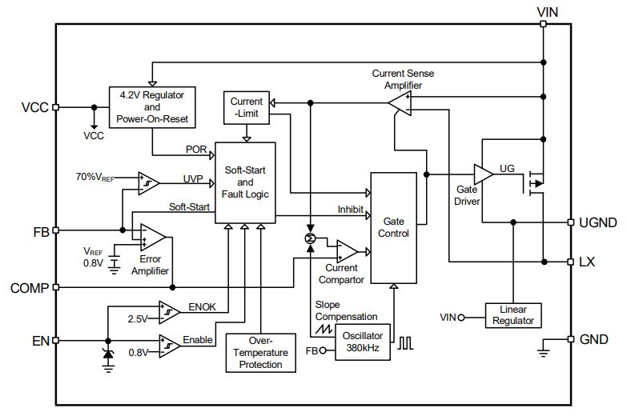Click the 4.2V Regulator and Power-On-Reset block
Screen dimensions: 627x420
(x=152, y=107)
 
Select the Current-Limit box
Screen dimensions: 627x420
(x=247, y=107)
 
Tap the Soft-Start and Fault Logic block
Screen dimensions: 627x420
(x=245, y=182)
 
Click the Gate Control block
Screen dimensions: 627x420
(x=393, y=228)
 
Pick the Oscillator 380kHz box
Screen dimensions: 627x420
(x=362, y=342)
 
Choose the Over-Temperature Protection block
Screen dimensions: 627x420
(x=261, y=353)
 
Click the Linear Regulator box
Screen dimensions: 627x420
(x=513, y=315)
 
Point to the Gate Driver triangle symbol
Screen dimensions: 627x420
(x=483, y=174)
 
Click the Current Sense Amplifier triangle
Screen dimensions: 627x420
(x=400, y=103)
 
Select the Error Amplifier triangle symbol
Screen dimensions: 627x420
(x=152, y=237)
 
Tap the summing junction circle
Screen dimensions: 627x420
(x=310, y=238)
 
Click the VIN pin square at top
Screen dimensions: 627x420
(x=543, y=24)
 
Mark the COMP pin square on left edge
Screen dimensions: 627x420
(x=56, y=287)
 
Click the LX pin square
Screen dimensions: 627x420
(x=571, y=262)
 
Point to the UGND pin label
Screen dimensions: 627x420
(x=598, y=222)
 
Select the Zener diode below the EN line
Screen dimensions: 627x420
(x=108, y=354)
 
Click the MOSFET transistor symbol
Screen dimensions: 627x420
(x=534, y=183)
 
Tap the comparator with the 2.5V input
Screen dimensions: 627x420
(x=169, y=312)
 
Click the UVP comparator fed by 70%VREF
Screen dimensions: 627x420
(x=148, y=183)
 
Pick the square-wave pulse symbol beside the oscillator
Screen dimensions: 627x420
(x=405, y=343)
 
